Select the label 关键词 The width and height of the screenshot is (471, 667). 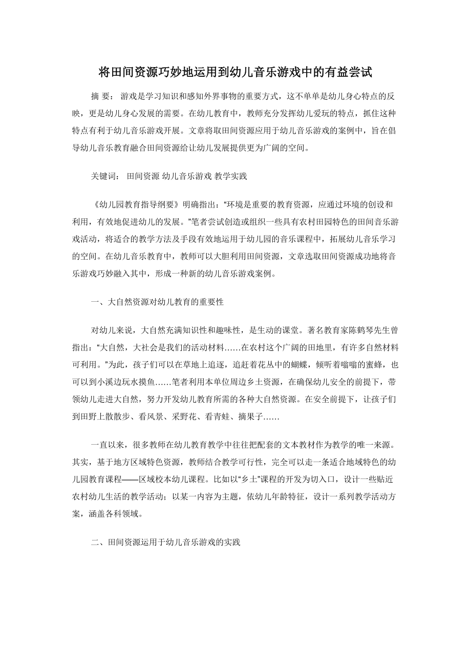[x=104, y=176]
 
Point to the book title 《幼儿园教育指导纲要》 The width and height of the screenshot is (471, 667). [x=136, y=203]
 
